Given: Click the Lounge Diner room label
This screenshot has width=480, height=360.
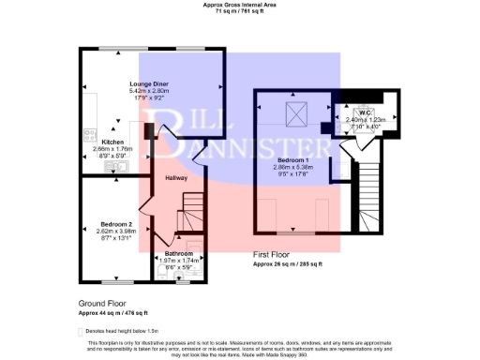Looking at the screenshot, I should tap(147, 83).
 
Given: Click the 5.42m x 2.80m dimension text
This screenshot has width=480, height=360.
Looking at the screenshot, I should tap(147, 91).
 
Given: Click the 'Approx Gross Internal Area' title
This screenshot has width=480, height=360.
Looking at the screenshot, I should tap(239, 4).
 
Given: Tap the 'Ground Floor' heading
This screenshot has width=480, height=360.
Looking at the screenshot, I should tap(103, 304).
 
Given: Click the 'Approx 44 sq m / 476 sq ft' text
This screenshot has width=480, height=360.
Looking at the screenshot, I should tap(113, 312).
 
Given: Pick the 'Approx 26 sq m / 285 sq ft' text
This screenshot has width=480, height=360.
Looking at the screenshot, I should tap(288, 264).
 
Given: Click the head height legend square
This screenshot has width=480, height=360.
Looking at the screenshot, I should tap(81, 332).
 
